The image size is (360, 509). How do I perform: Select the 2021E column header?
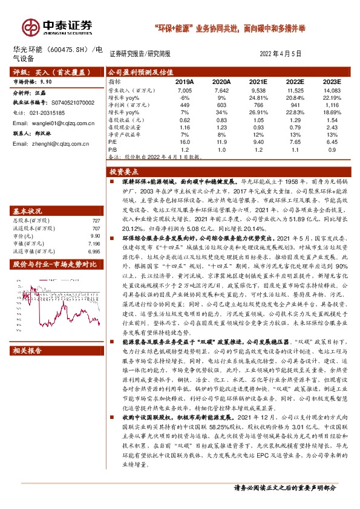click(258, 81)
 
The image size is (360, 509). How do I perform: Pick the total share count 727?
click(95, 204)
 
